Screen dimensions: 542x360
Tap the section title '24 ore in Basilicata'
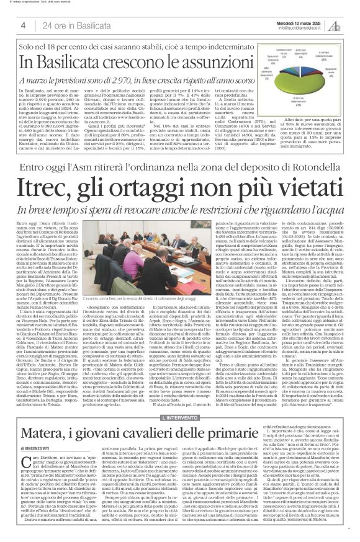click(70, 25)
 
